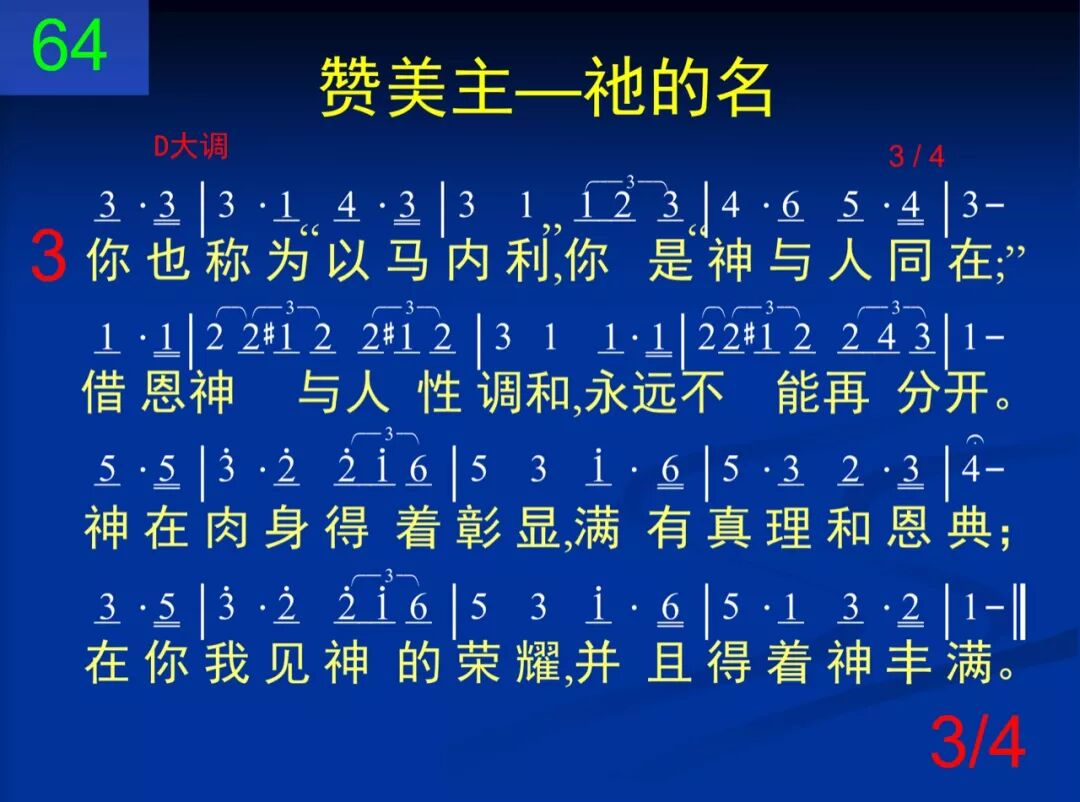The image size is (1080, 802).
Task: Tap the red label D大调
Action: pyautogui.click(x=190, y=147)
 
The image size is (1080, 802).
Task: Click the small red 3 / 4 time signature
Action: pyautogui.click(x=916, y=156)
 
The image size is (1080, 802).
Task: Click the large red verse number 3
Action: pyautogui.click(x=48, y=257)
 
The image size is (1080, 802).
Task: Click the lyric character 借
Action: pyautogui.click(x=105, y=393)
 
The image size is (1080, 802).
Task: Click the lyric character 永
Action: pyautogui.click(x=610, y=393)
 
